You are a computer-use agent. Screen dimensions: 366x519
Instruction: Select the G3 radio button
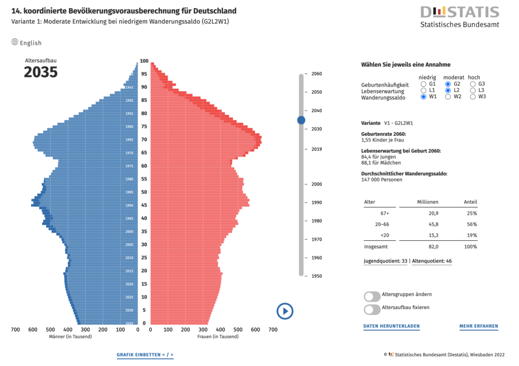473,84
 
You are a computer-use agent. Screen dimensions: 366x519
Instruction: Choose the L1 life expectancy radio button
423,90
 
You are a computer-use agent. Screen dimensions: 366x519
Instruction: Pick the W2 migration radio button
448,96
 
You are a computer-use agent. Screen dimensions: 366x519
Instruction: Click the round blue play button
285,311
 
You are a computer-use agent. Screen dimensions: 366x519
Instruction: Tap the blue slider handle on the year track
301,120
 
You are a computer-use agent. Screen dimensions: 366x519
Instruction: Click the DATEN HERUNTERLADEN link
391,326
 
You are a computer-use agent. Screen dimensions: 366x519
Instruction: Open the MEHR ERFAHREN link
478,326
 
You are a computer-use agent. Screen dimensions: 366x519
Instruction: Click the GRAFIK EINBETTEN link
145,355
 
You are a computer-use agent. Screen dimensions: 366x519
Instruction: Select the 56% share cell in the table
471,224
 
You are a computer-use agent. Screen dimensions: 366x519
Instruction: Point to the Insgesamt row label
375,247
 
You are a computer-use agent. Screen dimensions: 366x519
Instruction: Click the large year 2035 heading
41,72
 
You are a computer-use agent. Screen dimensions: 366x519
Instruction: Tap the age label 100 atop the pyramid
144,61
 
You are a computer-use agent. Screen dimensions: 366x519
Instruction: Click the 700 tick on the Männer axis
15,330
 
